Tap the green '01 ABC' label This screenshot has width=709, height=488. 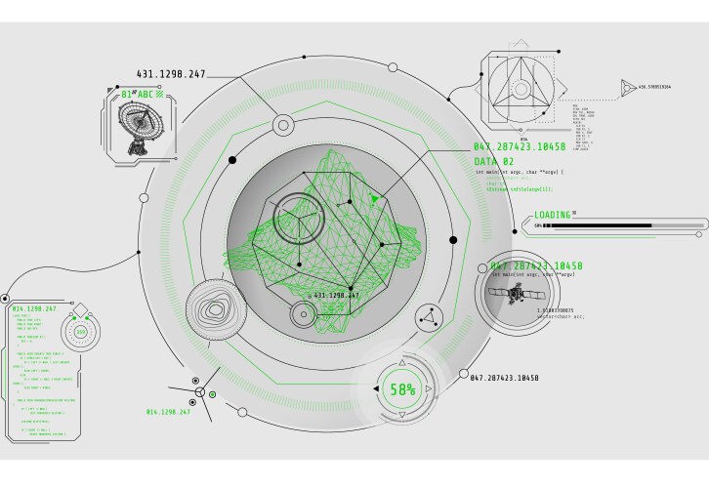pyautogui.click(x=138, y=95)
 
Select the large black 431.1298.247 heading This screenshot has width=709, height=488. pyautogui.click(x=172, y=74)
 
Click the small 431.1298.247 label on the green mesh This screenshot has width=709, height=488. pyautogui.click(x=335, y=295)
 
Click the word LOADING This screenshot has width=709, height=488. pyautogui.click(x=552, y=215)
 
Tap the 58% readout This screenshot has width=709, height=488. pyautogui.click(x=403, y=389)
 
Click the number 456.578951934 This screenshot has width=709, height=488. pyautogui.click(x=654, y=88)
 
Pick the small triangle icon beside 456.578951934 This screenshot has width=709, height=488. pyautogui.click(x=625, y=88)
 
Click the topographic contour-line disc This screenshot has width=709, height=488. pyautogui.click(x=216, y=311)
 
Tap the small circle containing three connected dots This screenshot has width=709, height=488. pyautogui.click(x=427, y=317)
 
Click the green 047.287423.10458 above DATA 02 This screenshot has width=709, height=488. pyautogui.click(x=519, y=147)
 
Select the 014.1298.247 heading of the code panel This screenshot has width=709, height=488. pyautogui.click(x=34, y=309)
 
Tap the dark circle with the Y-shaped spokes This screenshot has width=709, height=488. pyautogui.click(x=298, y=218)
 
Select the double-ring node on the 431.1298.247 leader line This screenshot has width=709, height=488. pyautogui.click(x=283, y=124)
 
